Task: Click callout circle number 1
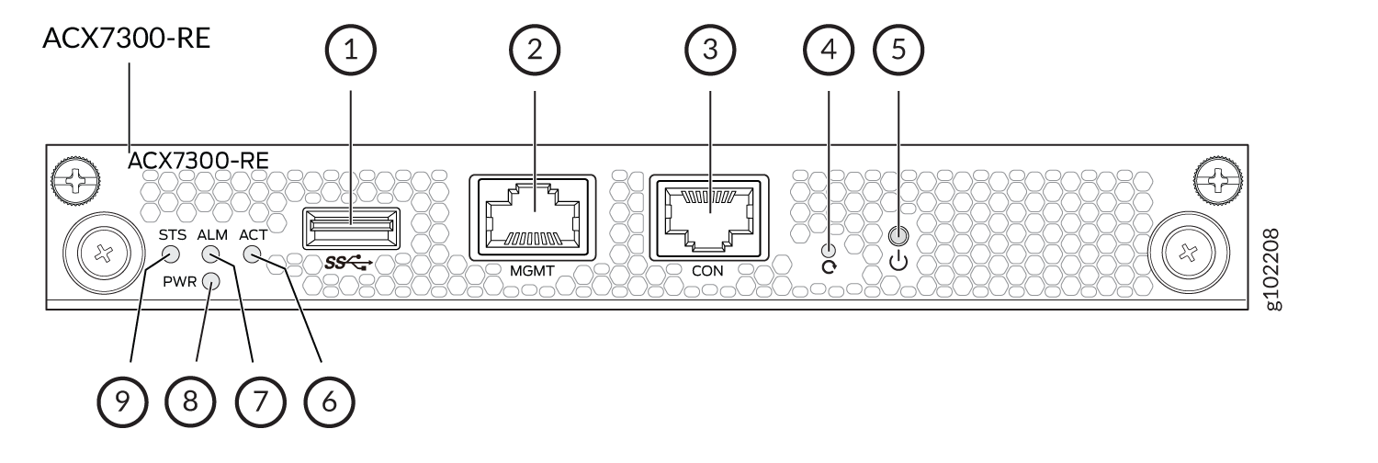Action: [x=351, y=50]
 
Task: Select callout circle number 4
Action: [x=829, y=50]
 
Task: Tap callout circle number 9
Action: [x=122, y=401]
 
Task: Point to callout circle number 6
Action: [x=329, y=401]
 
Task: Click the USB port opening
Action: [x=351, y=228]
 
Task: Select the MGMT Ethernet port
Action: [x=532, y=217]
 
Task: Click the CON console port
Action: [x=709, y=217]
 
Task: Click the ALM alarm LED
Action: [x=211, y=254]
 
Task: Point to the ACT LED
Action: [x=253, y=254]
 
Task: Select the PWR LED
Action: [x=211, y=282]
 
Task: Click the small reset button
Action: [x=830, y=250]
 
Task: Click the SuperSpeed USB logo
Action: [x=348, y=263]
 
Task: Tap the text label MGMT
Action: [x=532, y=271]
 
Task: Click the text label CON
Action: [x=707, y=271]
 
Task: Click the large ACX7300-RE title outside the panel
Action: [x=126, y=38]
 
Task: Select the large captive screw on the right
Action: [x=1189, y=253]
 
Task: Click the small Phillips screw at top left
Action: [x=75, y=181]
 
